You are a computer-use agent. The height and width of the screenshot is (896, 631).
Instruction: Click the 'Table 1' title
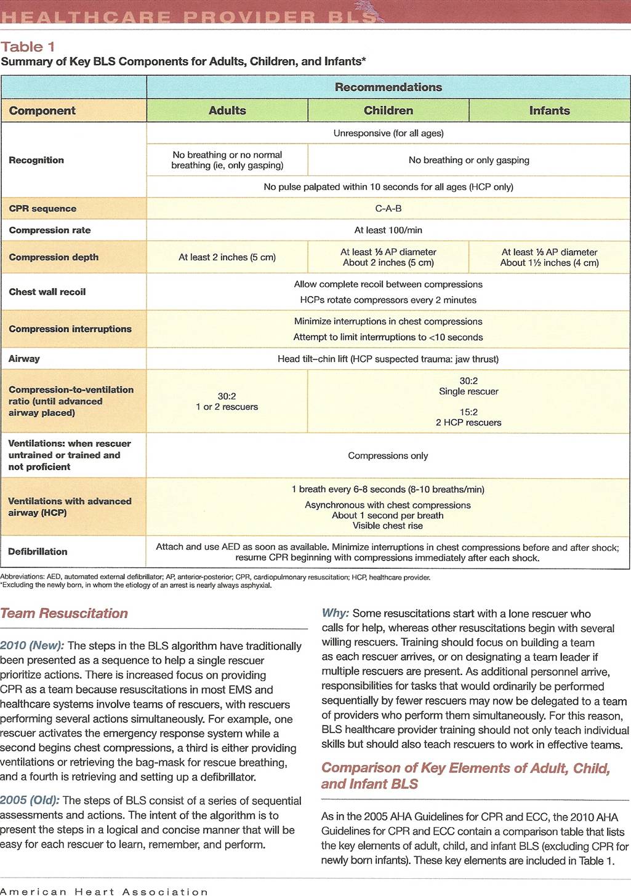click(x=28, y=47)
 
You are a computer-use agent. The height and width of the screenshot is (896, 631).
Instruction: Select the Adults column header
click(x=227, y=111)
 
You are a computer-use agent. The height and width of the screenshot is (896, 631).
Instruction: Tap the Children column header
click(x=388, y=111)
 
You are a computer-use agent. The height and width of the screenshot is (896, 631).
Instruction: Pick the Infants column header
click(x=549, y=111)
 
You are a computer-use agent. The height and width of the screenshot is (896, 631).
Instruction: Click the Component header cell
click(x=42, y=111)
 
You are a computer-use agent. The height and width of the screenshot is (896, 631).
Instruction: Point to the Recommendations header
click(x=388, y=87)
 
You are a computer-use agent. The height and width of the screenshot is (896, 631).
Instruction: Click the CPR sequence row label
click(x=42, y=209)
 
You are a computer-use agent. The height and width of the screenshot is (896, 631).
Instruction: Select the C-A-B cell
click(x=388, y=209)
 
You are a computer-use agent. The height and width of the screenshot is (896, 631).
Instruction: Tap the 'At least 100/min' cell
click(x=388, y=230)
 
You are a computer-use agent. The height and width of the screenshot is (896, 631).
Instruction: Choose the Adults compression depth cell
click(x=227, y=257)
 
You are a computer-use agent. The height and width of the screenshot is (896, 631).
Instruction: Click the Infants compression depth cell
click(x=549, y=257)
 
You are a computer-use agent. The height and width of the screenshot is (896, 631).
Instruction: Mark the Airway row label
click(x=24, y=359)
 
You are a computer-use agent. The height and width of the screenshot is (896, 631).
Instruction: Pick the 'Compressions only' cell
click(x=388, y=456)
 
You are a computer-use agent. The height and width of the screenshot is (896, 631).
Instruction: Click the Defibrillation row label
click(x=38, y=552)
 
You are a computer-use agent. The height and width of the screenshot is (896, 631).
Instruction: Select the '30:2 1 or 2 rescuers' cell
click(x=227, y=402)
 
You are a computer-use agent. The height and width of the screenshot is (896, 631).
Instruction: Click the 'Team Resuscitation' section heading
click(x=64, y=614)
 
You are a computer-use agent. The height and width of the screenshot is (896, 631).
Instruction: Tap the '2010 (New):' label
click(x=32, y=646)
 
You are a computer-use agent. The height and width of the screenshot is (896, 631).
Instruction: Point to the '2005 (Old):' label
click(x=30, y=801)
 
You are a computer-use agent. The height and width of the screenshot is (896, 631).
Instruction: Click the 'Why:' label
click(x=336, y=614)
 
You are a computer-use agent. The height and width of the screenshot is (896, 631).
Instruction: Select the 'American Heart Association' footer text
click(x=104, y=891)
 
